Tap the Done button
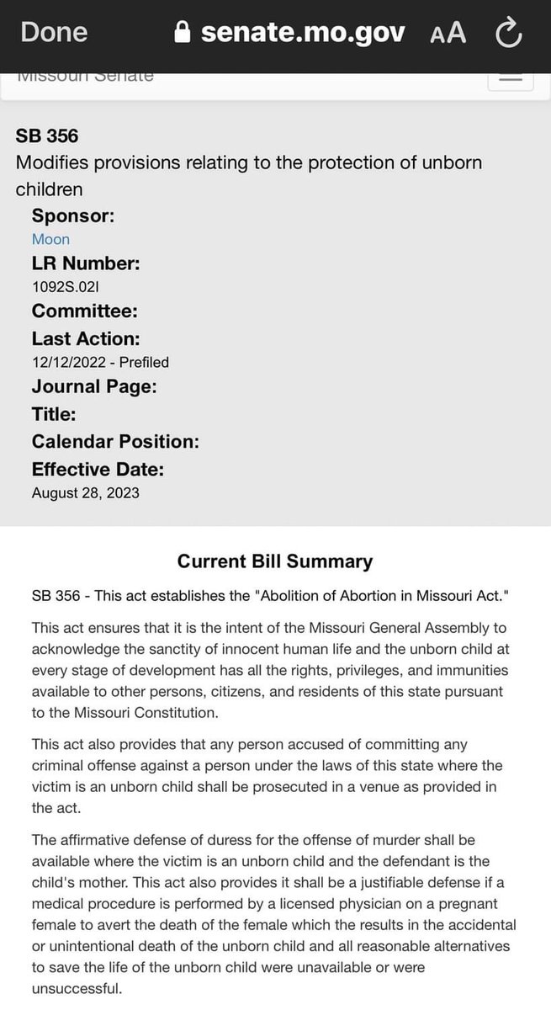54,32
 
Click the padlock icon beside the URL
183,33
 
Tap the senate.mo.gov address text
302,33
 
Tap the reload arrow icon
508,33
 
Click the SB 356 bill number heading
47,136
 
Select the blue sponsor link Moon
50,239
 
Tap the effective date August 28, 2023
86,492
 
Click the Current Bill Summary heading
275,561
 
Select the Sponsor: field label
73,215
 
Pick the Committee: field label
85,311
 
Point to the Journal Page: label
94,386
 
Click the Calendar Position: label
115,442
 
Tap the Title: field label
54,414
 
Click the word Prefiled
144,362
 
